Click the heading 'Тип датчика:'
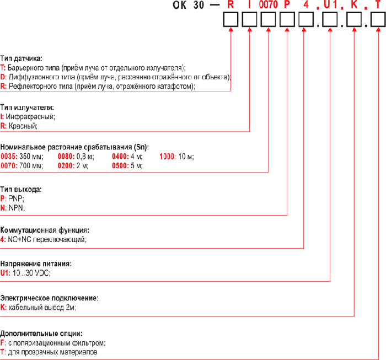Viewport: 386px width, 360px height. (22, 58)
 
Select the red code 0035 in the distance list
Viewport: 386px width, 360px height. (9, 157)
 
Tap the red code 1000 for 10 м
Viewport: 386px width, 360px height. (168, 157)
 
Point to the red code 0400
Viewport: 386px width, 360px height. (120, 157)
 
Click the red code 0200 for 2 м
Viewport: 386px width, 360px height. (66, 165)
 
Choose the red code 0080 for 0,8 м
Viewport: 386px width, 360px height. (66, 157)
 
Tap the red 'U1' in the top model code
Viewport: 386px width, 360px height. (330, 6)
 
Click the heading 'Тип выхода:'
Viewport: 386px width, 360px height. (21, 189)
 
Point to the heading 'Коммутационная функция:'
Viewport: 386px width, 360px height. (45, 230)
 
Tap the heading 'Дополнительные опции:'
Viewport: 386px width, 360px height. (42, 334)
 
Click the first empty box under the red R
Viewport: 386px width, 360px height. (230, 20)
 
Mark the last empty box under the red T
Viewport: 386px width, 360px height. (377, 20)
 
